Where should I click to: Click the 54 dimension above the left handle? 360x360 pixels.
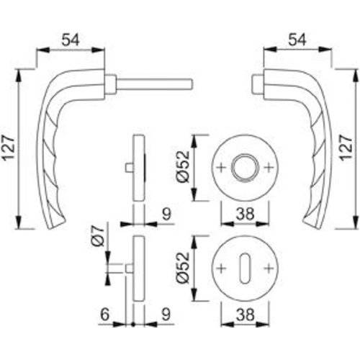coord(69,42)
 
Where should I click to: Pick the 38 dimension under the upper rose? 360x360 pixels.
coord(246,215)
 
